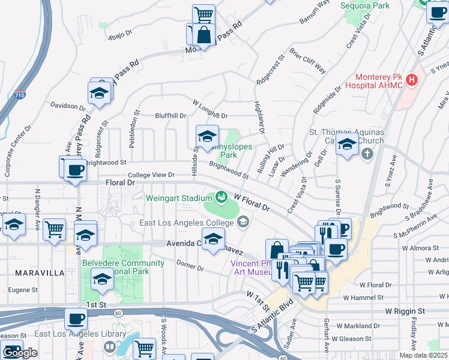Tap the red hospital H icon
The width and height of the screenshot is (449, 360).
click(412, 79)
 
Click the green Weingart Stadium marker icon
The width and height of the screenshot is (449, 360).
click(221, 197)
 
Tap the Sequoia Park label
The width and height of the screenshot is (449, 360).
click(365, 5)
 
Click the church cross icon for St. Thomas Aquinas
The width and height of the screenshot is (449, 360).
click(367, 154)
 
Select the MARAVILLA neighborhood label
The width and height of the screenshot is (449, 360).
click(41, 273)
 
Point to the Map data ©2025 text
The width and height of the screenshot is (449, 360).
click(423, 355)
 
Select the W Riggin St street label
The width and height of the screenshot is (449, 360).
click(405, 311)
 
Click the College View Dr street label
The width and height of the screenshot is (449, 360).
click(151, 175)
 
